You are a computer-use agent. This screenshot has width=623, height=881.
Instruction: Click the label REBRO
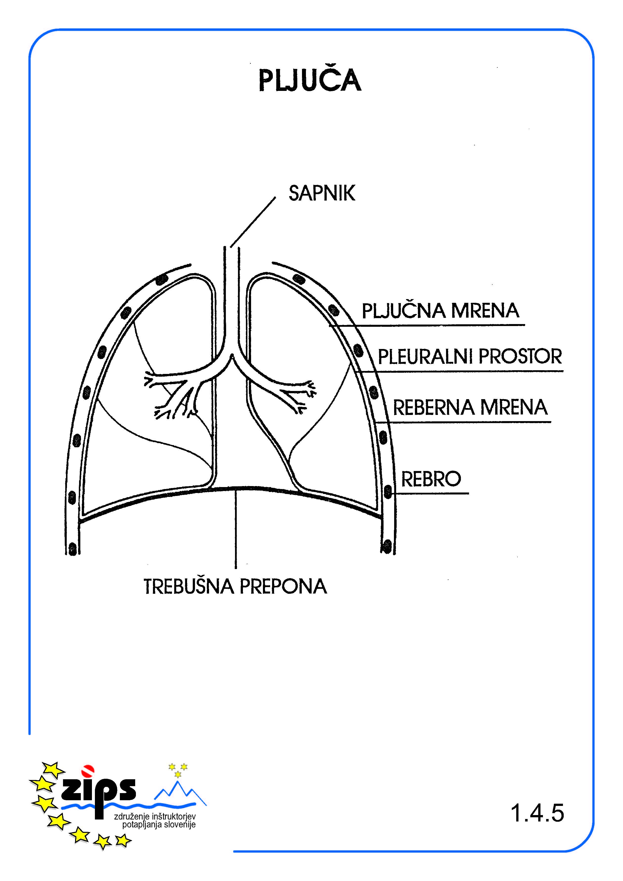coord(431,479)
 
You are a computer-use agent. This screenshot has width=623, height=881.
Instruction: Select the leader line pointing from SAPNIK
coord(253,222)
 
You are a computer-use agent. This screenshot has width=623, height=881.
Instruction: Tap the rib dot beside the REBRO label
coord(388,492)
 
